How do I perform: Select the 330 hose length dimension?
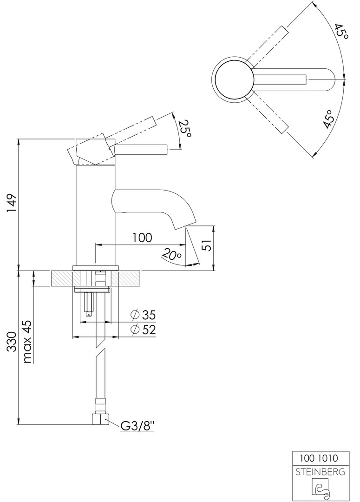[x=12, y=342]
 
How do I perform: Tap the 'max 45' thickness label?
[x=27, y=342]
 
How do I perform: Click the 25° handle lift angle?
[x=185, y=129]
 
